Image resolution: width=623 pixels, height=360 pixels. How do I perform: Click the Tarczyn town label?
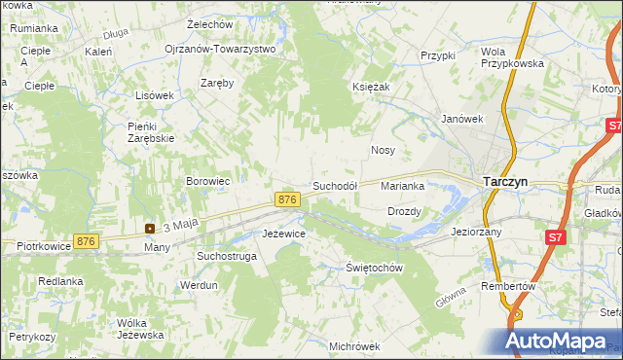(506, 180)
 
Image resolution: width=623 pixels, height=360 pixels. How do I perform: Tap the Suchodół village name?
(336, 185)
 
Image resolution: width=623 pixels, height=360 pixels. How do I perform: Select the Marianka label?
(402, 185)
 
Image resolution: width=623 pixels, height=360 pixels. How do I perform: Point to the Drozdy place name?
(404, 211)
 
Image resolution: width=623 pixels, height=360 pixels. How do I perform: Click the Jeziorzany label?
(476, 233)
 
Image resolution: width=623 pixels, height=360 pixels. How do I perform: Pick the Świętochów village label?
(375, 268)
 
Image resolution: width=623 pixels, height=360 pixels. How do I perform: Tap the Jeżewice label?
(284, 234)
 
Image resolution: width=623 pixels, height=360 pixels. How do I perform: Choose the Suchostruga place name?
(227, 256)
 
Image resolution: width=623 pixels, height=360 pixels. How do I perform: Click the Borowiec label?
(207, 181)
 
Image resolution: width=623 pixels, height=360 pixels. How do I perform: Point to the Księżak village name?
(371, 87)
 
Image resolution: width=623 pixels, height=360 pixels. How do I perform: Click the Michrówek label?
(353, 345)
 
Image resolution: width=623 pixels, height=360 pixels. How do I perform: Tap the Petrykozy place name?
(32, 337)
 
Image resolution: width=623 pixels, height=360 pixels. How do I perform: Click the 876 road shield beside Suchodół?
(286, 198)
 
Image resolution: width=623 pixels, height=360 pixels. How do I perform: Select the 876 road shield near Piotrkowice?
(86, 241)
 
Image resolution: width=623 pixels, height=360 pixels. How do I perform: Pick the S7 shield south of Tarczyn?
(554, 236)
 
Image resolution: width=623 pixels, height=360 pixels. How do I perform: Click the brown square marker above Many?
(150, 229)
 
